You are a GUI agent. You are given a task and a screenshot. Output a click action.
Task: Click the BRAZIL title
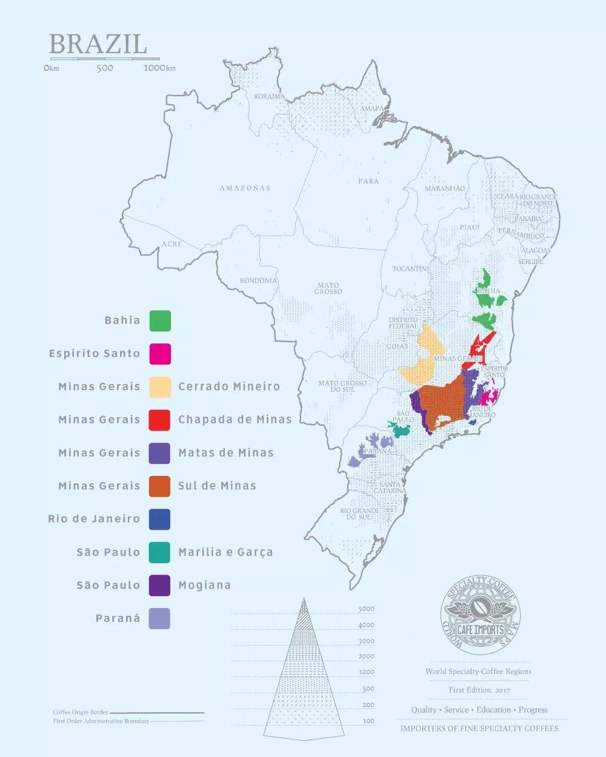(98, 44)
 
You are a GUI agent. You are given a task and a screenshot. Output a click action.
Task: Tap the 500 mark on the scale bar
(105, 68)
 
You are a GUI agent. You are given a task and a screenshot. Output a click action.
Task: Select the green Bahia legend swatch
(160, 320)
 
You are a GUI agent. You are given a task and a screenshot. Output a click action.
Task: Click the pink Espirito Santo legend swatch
(160, 354)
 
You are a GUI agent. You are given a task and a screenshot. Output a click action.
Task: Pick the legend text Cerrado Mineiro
(229, 386)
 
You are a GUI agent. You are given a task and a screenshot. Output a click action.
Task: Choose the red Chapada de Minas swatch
(160, 420)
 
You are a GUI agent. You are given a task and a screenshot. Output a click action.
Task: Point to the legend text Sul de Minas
(217, 486)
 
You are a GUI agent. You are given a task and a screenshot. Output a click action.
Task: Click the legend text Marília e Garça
(225, 552)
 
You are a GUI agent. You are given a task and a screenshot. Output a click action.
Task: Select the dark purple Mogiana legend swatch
(160, 585)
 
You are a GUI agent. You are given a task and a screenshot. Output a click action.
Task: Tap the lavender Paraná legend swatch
(160, 618)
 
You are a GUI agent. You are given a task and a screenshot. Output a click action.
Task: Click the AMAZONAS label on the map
(245, 188)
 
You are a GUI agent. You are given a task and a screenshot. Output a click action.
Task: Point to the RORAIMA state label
(269, 97)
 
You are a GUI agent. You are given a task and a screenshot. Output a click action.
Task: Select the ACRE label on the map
(171, 244)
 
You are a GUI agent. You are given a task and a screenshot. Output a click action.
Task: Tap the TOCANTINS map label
(410, 269)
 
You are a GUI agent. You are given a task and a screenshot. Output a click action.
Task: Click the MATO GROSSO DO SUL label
(342, 386)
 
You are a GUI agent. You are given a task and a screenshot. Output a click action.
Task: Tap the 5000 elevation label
(366, 609)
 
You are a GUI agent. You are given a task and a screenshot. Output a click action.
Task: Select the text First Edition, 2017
(478, 690)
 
